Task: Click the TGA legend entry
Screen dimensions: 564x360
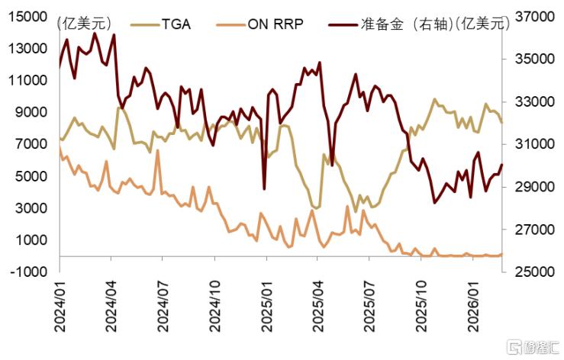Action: click(160, 24)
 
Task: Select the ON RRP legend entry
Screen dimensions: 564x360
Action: click(259, 24)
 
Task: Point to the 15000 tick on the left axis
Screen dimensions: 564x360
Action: click(27, 17)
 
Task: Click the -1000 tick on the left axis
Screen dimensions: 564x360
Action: click(29, 272)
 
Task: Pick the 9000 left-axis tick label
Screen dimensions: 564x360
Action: click(31, 112)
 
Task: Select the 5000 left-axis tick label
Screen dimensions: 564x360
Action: click(31, 176)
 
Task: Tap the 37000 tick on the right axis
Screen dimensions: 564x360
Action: click(535, 17)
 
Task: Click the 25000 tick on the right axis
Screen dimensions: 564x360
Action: click(535, 272)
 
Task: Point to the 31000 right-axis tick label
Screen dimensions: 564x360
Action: click(535, 144)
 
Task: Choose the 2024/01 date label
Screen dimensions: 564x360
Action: click(60, 307)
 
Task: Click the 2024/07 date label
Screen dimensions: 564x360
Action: click(163, 307)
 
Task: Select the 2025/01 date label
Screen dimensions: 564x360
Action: click(266, 307)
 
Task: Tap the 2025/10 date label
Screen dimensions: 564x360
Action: click(421, 307)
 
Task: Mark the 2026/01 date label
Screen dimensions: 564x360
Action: click(473, 307)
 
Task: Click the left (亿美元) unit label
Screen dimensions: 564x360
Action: click(85, 24)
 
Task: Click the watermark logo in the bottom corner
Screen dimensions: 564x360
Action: click(532, 347)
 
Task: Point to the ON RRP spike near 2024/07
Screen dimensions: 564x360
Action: click(157, 151)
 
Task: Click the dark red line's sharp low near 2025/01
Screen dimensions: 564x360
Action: click(264, 189)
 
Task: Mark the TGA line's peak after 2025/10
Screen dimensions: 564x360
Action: click(434, 99)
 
